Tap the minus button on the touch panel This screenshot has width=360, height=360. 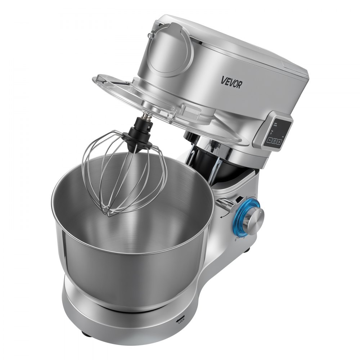coord(270,141)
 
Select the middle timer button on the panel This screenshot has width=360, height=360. coord(275,141)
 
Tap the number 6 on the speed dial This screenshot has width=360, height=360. coord(235,240)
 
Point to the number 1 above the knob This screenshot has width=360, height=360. coord(255,195)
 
